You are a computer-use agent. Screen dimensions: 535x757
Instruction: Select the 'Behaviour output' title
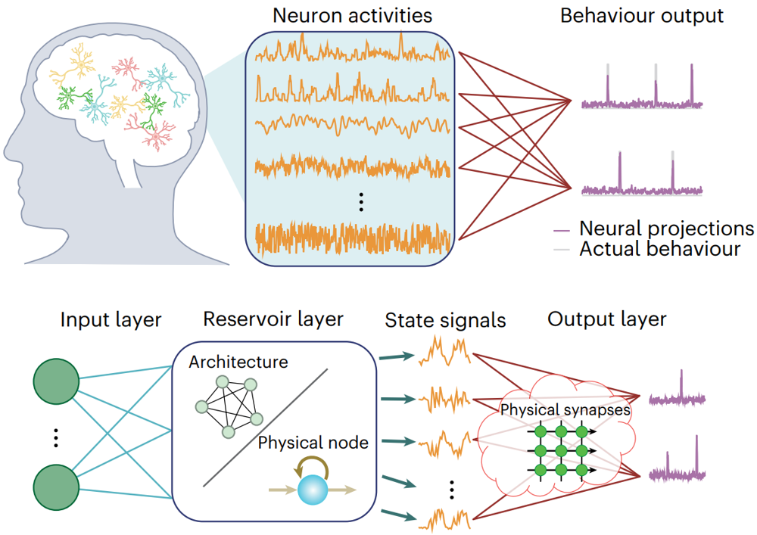(642, 16)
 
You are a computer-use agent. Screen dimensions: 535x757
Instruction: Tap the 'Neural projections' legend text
(666, 228)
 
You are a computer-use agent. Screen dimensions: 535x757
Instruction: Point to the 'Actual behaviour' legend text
(659, 248)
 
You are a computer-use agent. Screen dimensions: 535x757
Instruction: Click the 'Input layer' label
(111, 319)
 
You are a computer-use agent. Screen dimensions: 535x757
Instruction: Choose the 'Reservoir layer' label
(273, 319)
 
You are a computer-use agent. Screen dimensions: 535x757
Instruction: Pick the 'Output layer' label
(607, 319)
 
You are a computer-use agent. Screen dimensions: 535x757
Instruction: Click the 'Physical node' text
(313, 442)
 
